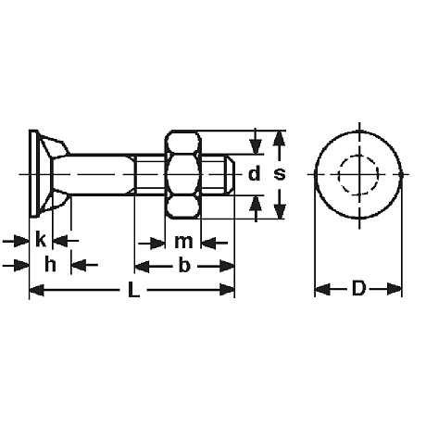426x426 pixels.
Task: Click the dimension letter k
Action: point(41,239)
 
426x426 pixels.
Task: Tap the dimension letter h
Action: point(50,264)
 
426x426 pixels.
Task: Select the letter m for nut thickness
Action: point(183,242)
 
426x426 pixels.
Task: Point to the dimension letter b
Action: point(184,265)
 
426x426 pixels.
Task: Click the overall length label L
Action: point(133,290)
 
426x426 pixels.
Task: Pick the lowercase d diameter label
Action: point(254,173)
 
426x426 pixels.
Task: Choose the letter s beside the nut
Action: point(280,174)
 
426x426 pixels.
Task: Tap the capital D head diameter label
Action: point(358,288)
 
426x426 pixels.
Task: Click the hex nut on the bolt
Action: point(183,175)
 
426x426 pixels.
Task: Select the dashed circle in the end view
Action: point(358,156)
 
